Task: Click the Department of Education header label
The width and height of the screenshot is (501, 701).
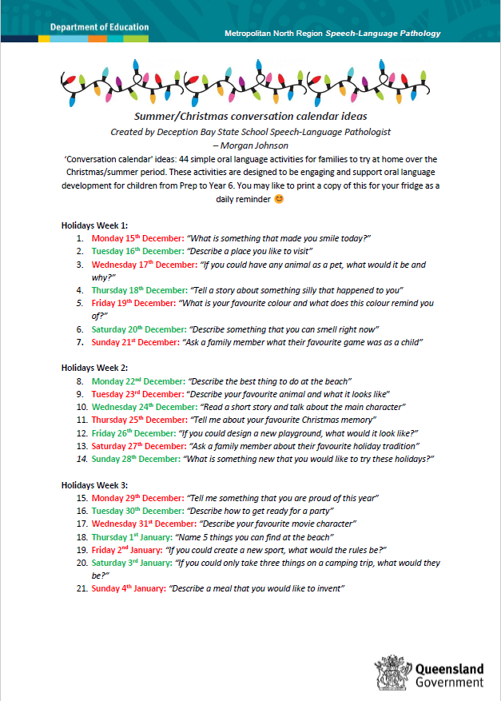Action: click(x=99, y=27)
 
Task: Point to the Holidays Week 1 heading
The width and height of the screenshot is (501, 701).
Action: click(x=95, y=225)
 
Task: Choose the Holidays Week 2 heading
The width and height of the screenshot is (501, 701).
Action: click(x=95, y=368)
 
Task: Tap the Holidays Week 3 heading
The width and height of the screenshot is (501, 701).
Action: click(x=95, y=484)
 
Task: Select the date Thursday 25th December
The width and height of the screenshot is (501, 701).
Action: click(x=138, y=419)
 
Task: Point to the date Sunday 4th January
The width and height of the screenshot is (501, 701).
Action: click(x=128, y=588)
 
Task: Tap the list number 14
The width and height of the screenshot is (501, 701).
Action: click(x=82, y=459)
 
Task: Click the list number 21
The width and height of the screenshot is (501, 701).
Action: click(x=82, y=588)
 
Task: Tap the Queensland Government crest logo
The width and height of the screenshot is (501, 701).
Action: click(x=393, y=672)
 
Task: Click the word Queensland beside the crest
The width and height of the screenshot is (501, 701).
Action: click(x=450, y=667)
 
